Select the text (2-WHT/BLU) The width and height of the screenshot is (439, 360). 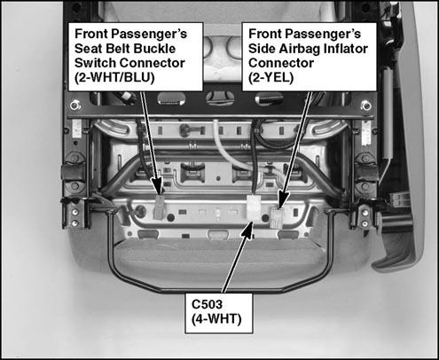click(x=114, y=78)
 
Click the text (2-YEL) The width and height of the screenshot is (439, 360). click(x=270, y=78)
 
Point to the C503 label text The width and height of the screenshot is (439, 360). click(x=207, y=304)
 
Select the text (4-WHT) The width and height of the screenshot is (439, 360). click(x=216, y=319)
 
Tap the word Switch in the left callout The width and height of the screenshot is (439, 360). click(x=95, y=63)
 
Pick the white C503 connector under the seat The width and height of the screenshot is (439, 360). click(x=254, y=207)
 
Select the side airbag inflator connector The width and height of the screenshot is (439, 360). click(x=277, y=217)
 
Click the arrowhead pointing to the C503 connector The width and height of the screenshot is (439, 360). click(x=247, y=231)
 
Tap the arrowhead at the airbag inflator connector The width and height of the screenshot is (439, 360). click(x=284, y=199)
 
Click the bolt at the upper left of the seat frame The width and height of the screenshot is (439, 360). click(x=74, y=105)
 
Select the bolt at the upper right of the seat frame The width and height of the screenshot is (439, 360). click(x=365, y=105)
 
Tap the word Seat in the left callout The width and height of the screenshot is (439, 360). click(x=87, y=49)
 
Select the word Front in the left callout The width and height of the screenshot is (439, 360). click(x=90, y=34)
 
